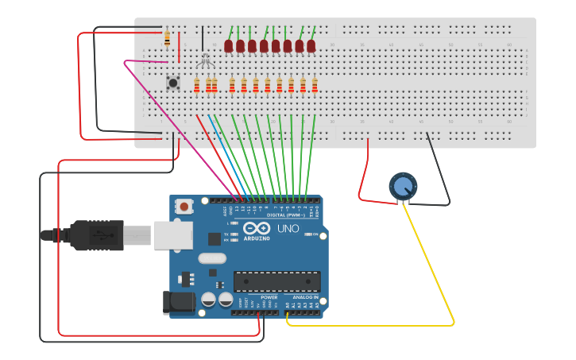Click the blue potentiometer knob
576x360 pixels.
click(x=403, y=186)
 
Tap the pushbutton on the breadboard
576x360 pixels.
click(x=172, y=82)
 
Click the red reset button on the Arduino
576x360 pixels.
click(x=184, y=207)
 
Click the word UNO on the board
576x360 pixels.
click(x=288, y=229)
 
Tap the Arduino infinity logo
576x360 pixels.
click(x=262, y=228)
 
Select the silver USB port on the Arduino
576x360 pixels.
click(x=172, y=235)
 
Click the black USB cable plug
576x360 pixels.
click(x=95, y=235)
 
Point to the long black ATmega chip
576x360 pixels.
click(x=276, y=281)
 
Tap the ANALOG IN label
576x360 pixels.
click(x=306, y=297)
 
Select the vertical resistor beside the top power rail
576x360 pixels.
click(x=167, y=37)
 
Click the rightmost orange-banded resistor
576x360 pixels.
click(x=315, y=85)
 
